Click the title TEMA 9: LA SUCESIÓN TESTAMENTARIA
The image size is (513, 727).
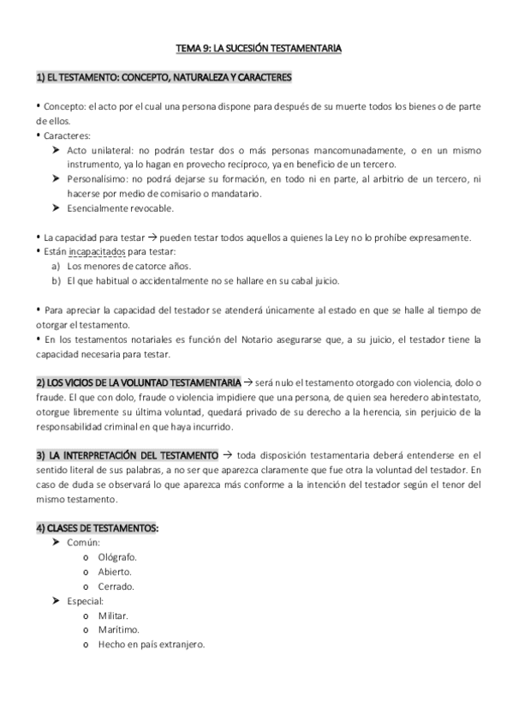(x=256, y=49)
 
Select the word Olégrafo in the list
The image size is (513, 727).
(x=117, y=556)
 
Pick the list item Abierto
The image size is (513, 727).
(x=115, y=571)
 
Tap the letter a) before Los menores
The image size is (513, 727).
(x=57, y=266)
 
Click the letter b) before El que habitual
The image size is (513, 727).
(x=57, y=280)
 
